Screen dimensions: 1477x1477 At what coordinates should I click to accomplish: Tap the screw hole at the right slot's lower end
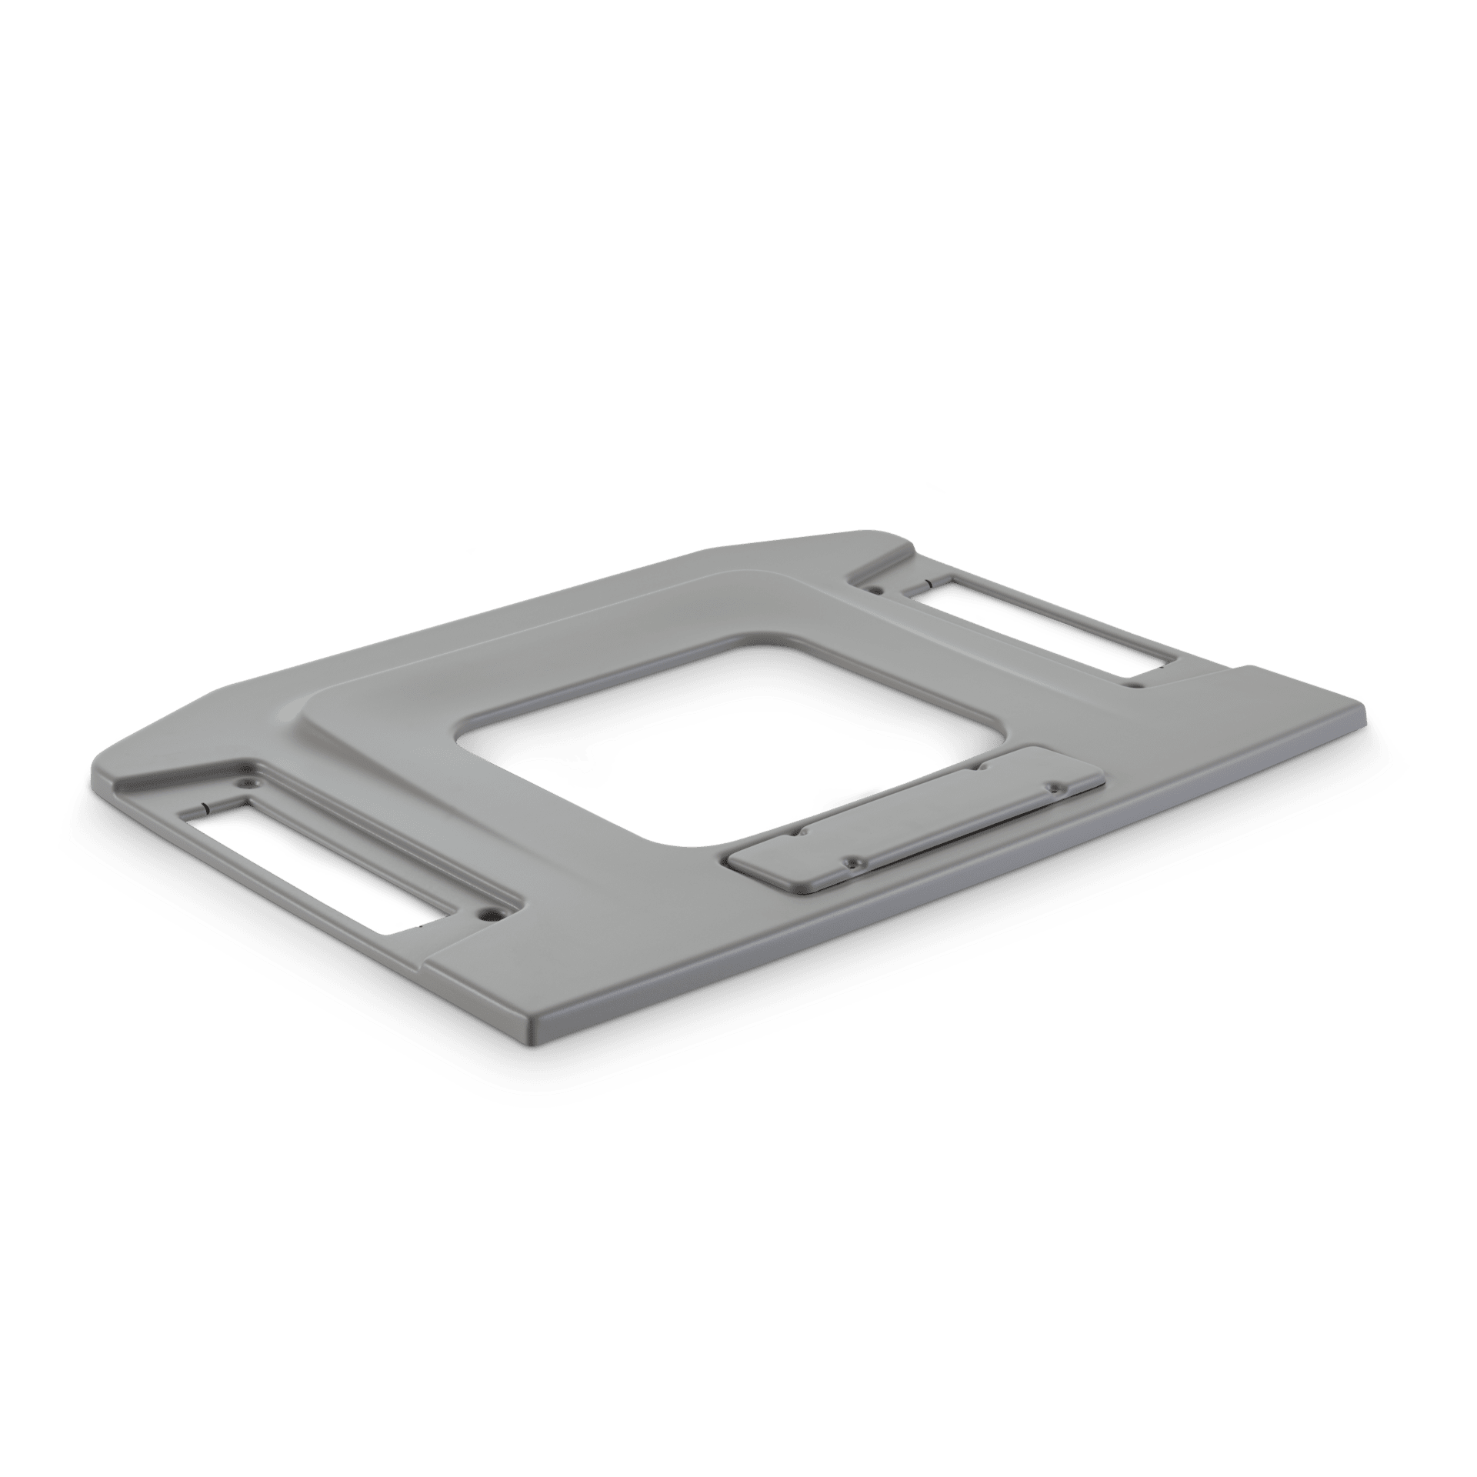click(1132, 682)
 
